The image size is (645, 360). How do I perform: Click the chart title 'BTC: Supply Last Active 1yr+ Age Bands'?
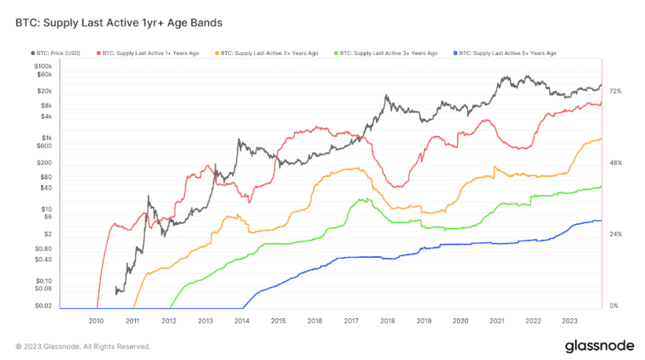118,23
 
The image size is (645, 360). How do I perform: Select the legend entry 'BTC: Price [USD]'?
56,53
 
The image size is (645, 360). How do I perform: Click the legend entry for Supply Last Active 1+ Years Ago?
149,53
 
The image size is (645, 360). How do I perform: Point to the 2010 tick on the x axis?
96,321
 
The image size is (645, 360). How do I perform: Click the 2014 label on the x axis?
241,321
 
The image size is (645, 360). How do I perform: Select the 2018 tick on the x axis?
387,321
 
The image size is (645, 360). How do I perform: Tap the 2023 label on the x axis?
569,321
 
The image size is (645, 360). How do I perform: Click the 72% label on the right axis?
615,92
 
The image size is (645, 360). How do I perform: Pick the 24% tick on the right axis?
615,234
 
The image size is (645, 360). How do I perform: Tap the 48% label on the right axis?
615,163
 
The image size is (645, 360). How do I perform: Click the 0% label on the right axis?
614,306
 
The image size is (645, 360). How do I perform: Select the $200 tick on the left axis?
44,163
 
